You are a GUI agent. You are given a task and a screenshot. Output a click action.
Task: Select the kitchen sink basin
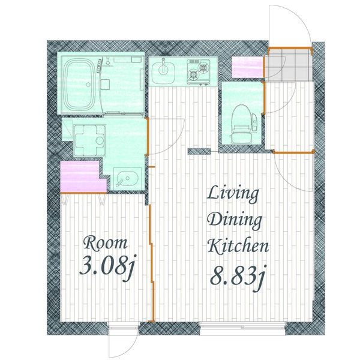pos(163,71)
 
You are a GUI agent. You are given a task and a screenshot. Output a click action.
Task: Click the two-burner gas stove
pos(199,71)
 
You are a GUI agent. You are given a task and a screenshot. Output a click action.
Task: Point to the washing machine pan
pos(90,140)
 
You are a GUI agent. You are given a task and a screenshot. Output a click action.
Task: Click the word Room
pos(106,244)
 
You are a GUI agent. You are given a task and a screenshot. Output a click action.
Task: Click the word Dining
pos(235,220)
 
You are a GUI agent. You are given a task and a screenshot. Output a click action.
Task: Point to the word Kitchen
pos(238,246)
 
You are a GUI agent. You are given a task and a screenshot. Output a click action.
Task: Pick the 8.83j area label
pos(238,277)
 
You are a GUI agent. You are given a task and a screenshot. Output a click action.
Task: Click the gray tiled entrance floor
pos(289,64)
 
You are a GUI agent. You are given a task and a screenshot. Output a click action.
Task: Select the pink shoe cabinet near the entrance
pos(247,67)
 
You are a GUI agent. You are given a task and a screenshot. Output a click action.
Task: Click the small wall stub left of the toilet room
pos(199,152)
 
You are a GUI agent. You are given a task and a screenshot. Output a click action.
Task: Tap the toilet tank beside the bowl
pos(254,123)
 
